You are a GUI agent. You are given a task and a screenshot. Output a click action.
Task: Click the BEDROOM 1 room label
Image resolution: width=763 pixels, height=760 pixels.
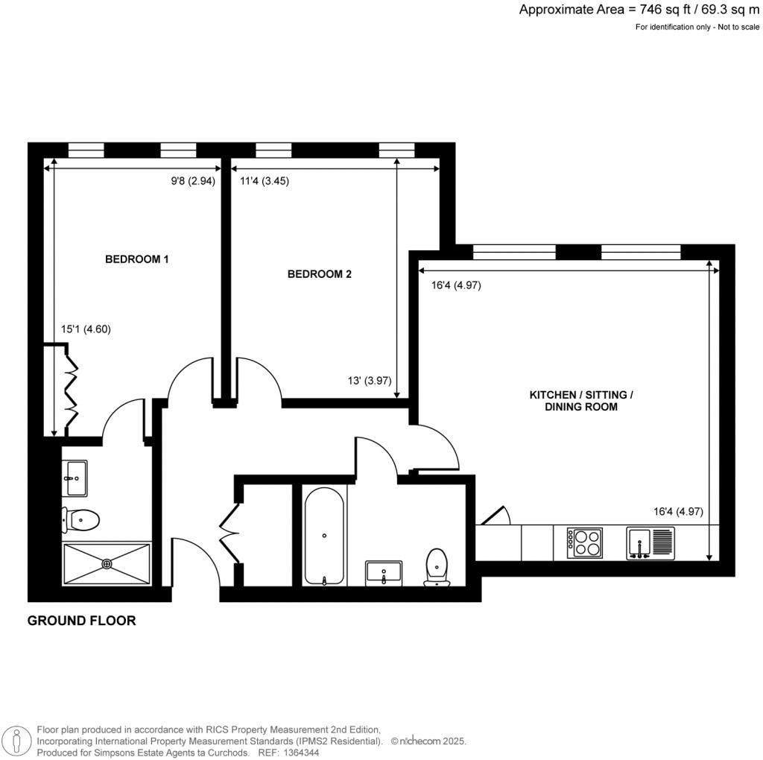[x=137, y=259]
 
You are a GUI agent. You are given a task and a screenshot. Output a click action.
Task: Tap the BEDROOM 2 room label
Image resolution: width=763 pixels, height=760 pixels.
[x=319, y=274]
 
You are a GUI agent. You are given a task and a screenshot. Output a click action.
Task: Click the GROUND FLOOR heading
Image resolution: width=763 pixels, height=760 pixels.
[x=82, y=620]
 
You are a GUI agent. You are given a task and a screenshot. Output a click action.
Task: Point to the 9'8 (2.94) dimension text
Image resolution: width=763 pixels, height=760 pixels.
[x=193, y=180]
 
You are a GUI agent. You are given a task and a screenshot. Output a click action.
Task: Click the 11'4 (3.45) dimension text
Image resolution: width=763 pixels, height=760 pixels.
[x=264, y=180]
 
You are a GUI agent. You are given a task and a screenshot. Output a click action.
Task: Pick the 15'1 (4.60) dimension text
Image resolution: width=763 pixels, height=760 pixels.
[x=86, y=329]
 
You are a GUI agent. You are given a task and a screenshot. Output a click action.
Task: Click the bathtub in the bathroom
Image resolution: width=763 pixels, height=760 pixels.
[x=324, y=534]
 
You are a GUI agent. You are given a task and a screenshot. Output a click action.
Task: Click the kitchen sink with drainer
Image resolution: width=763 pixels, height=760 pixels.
[x=650, y=542]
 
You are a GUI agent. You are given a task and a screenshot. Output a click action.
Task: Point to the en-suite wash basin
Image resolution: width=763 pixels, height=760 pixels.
[x=75, y=478]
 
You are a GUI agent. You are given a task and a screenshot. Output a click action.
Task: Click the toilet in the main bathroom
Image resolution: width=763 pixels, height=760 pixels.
[x=436, y=568]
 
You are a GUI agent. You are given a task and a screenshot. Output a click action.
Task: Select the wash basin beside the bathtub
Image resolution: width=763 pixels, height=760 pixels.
[x=384, y=573]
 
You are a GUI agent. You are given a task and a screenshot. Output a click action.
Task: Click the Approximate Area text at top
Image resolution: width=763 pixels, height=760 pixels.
[x=639, y=10]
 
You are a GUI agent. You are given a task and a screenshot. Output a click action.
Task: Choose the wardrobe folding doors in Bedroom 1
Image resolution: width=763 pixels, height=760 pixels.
[x=72, y=390]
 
